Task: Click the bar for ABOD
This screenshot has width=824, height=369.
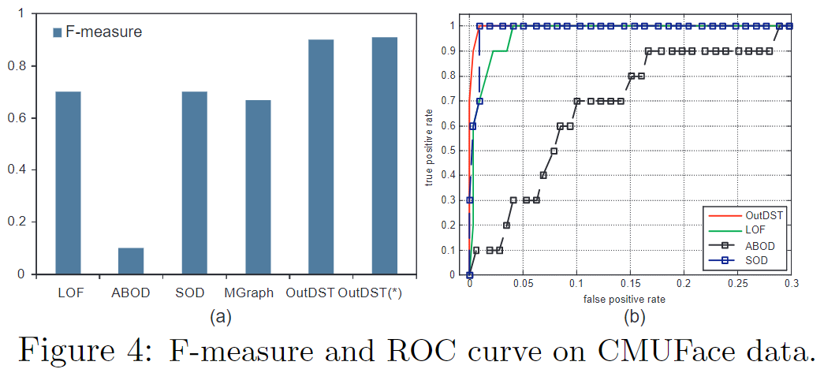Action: click(131, 261)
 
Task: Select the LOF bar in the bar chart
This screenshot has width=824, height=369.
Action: click(68, 183)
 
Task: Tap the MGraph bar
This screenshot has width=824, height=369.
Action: click(258, 187)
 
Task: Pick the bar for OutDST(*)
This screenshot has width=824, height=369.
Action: click(385, 155)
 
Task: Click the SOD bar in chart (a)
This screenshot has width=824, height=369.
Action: click(195, 183)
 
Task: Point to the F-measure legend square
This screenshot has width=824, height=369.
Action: click(57, 33)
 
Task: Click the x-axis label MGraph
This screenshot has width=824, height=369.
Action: click(248, 293)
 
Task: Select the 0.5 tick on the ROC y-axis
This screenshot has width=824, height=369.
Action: click(452, 151)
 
